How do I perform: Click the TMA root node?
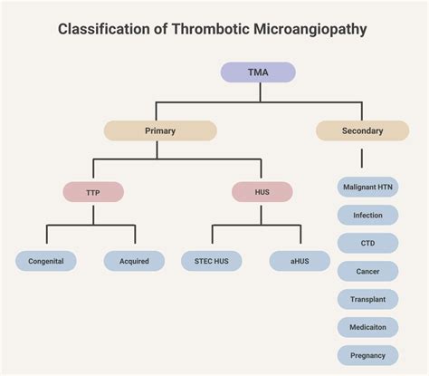pos(258,72)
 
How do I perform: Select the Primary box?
pos(160,130)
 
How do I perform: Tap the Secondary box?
pos(362,130)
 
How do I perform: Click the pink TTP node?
pos(93,192)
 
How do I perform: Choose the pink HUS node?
pos(262,192)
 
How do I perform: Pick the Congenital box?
pos(46,262)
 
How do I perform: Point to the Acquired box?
pos(134,262)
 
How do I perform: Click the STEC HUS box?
pos(212,262)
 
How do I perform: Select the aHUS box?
pos(300,262)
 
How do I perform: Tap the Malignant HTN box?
pos(367,188)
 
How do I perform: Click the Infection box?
pos(367,216)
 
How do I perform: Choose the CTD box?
pos(367,243)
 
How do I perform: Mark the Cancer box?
pos(367,271)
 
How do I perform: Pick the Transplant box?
pos(367,299)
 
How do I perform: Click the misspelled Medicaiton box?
pos(367,327)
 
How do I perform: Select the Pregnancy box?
pos(367,355)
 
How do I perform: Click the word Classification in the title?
pos(100,29)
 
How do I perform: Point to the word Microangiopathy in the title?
pos(310,29)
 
